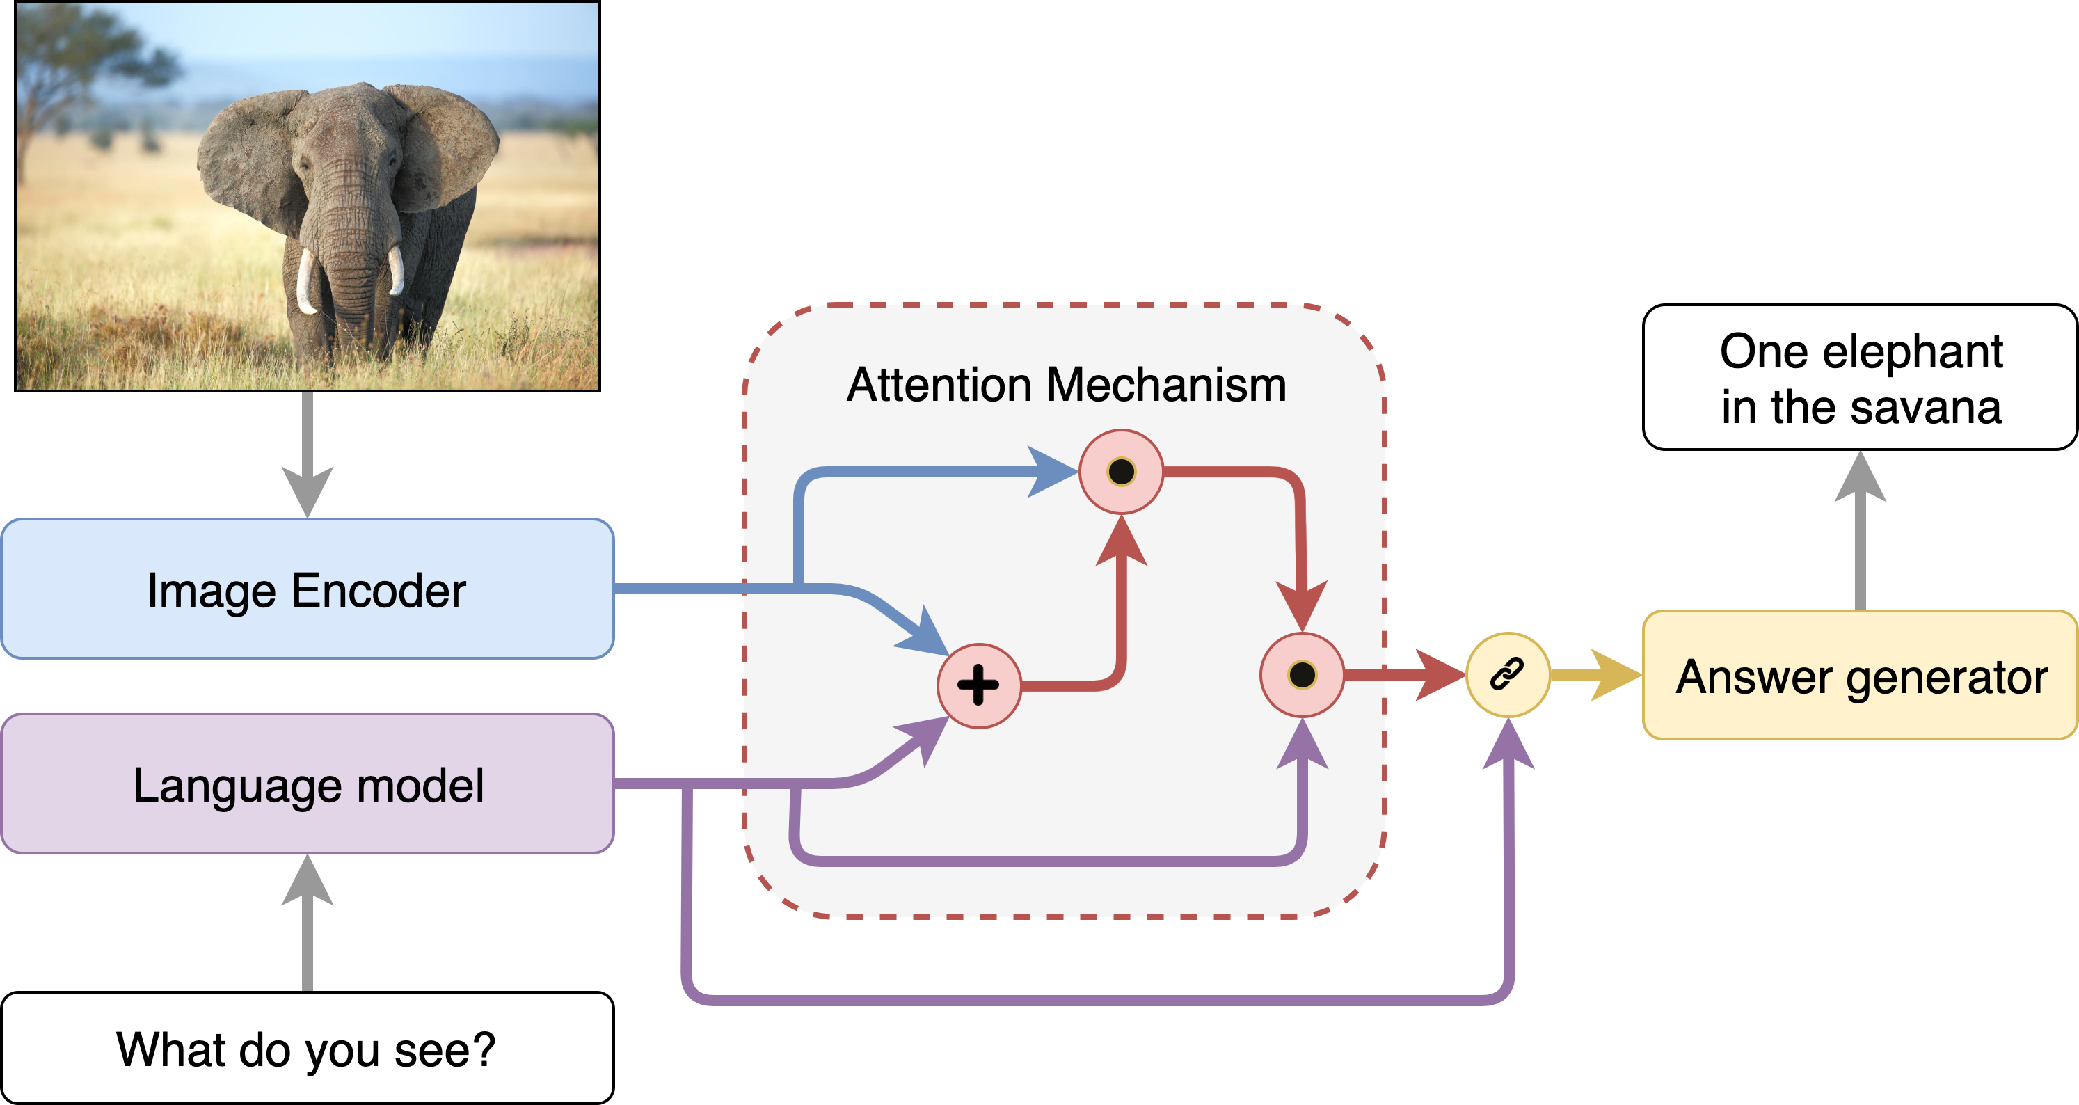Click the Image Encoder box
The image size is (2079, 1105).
(x=307, y=589)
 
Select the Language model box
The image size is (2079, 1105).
(x=307, y=784)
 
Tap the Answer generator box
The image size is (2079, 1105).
(x=1861, y=676)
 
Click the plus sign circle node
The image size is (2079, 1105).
(x=978, y=686)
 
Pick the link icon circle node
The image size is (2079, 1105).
(x=1507, y=674)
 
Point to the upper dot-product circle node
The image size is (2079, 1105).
(x=1121, y=471)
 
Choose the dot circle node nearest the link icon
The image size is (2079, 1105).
(x=1302, y=675)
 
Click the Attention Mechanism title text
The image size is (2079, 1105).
(x=1065, y=384)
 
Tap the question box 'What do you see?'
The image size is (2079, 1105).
(x=307, y=1049)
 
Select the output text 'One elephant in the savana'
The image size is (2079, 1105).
(x=1861, y=378)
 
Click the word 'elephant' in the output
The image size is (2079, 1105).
(x=1912, y=351)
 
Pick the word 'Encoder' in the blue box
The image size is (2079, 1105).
(x=379, y=590)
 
